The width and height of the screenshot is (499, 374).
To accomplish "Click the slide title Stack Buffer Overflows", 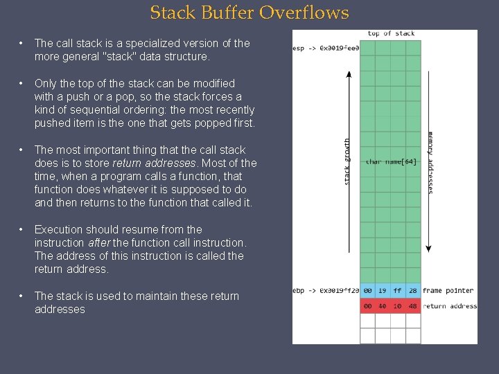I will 249,12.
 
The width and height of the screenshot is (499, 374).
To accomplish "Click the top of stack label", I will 391,33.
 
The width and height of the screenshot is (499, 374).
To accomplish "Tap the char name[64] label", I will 391,161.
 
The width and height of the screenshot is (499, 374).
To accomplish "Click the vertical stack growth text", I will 347,161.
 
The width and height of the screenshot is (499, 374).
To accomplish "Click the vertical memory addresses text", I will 430,163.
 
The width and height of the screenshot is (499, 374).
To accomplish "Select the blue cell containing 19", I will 383,292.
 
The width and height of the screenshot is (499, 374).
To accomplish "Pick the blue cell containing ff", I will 398,292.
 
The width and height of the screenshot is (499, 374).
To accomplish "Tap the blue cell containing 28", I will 413,292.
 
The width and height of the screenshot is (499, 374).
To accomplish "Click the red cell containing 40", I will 383,306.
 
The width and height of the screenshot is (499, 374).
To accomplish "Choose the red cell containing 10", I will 398,306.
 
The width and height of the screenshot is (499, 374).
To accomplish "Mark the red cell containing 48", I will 413,306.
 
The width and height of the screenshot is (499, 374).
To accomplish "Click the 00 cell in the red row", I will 367,306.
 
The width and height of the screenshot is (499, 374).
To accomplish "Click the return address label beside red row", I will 449,306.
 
